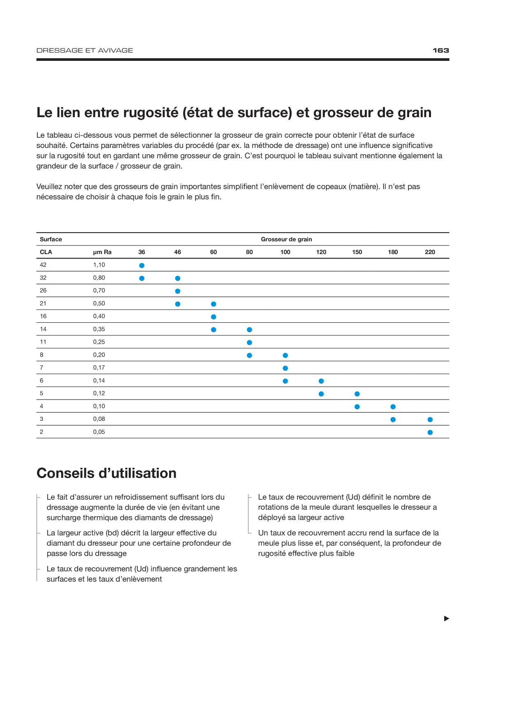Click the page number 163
pos(440,51)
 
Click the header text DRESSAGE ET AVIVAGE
pos(85,51)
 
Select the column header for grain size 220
pos(430,252)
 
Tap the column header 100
pos(285,252)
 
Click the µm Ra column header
pos(102,252)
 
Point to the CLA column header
pos(46,252)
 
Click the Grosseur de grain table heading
pos(286,239)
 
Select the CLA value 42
pos(43,265)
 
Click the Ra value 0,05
pos(99,432)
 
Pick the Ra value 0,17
pos(99,367)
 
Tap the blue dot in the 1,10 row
pos(141,266)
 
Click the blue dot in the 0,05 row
pos(430,432)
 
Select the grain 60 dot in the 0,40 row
pos(213,317)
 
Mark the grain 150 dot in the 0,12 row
pos(357,394)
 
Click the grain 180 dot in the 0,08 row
pos(393,420)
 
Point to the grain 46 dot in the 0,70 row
pos(178,291)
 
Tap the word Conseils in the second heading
pos(65,473)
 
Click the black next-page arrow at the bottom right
pos(447,619)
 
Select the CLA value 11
pos(43,342)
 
